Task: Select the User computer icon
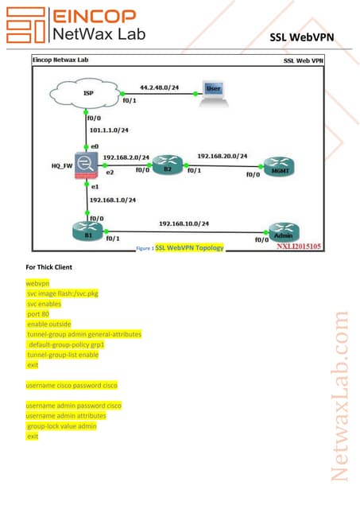211,92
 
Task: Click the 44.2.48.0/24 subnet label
159,87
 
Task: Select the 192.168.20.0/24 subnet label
223,157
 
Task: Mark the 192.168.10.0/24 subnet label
184,224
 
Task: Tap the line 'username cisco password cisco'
72,385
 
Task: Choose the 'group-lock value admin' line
61,425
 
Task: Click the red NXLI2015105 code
299,247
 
